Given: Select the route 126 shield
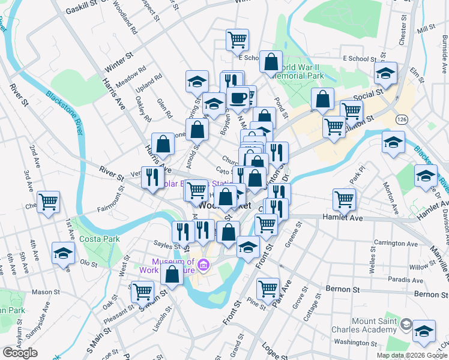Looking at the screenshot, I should (x=400, y=120).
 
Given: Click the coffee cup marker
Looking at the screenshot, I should (x=239, y=97).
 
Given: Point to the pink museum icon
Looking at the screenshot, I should (x=203, y=265).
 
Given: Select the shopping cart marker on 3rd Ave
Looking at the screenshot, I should (x=48, y=202).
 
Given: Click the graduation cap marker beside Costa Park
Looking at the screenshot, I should (x=62, y=253).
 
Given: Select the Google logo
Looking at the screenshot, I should (x=20, y=352).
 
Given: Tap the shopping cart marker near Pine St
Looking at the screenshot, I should (x=268, y=288).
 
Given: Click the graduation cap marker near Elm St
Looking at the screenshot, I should (x=385, y=74).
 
